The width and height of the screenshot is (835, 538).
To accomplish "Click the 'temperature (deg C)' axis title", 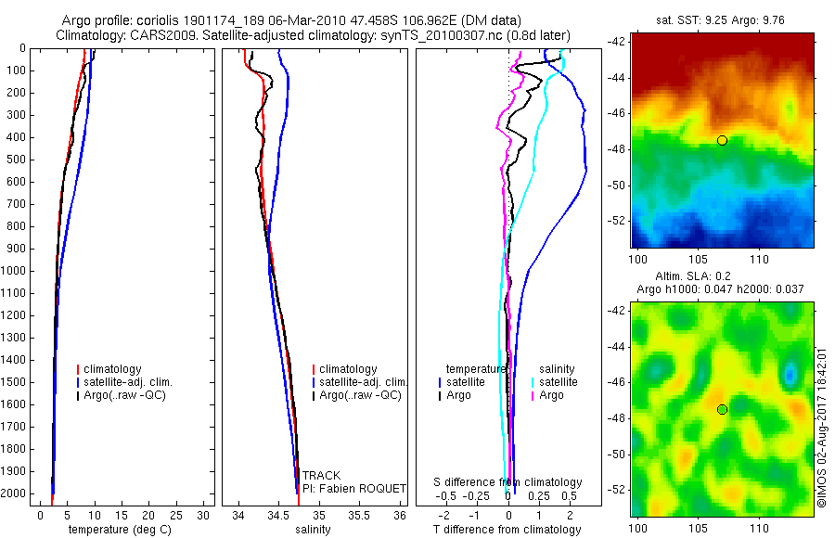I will tap(118, 530).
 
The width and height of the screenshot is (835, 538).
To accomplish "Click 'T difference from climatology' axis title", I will tap(507, 530).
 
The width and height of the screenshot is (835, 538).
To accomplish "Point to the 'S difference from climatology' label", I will tap(508, 482).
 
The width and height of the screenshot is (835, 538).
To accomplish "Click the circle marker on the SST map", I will tap(722, 140).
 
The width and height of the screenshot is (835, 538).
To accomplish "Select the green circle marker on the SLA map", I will tap(722, 409).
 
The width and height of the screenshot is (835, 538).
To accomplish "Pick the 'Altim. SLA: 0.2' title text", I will tap(721, 277).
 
